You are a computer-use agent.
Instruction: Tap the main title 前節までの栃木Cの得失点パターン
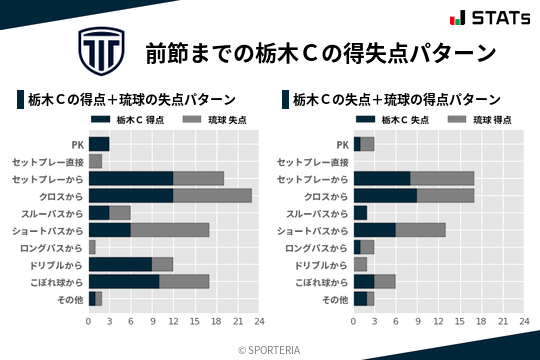(320, 52)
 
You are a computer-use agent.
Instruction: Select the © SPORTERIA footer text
(270, 349)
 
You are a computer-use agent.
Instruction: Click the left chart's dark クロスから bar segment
(130, 196)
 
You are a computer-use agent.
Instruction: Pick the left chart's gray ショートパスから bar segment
(170, 230)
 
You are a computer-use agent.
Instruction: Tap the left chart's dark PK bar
(99, 144)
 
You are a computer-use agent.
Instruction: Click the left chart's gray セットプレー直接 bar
(96, 161)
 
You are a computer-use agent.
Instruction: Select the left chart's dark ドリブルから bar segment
(120, 264)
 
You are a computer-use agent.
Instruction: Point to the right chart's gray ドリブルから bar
(361, 264)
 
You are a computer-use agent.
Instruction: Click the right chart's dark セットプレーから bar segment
(382, 179)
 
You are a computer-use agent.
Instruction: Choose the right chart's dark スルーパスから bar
(361, 213)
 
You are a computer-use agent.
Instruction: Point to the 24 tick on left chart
(258, 322)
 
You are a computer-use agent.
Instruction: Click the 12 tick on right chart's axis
(438, 322)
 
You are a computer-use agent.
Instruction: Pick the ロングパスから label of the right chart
(317, 247)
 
